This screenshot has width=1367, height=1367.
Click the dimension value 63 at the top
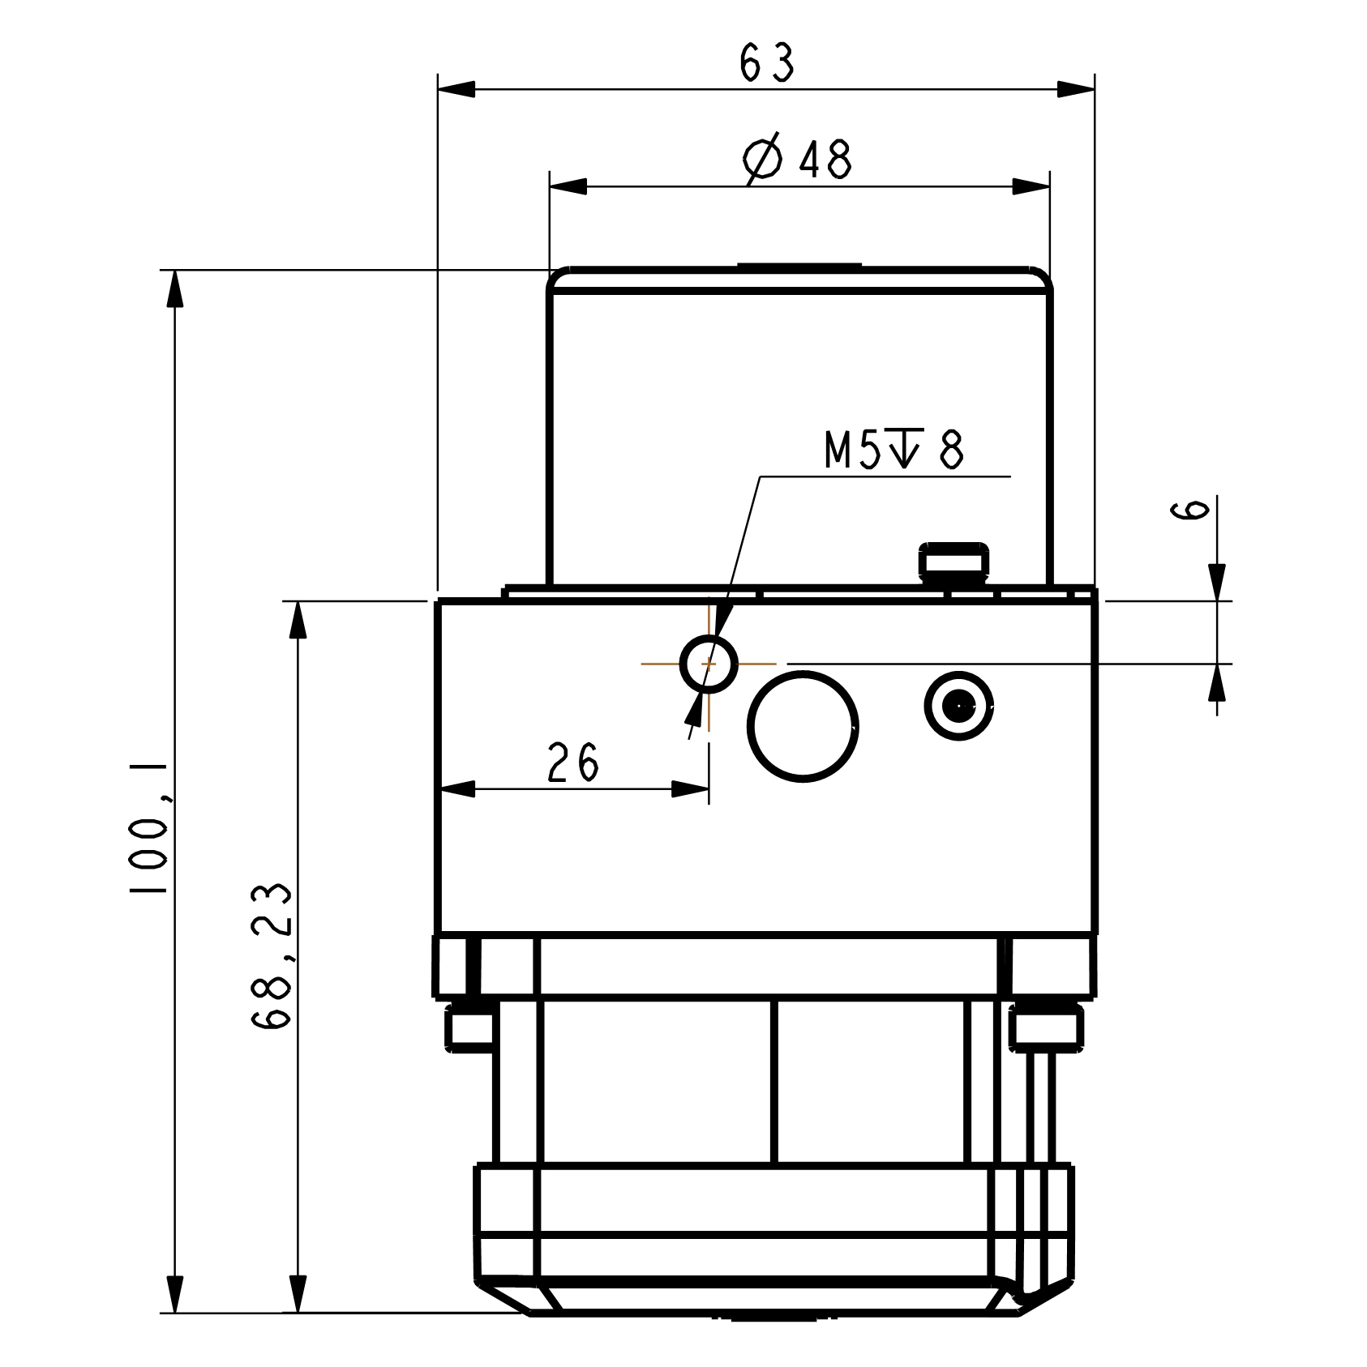(x=766, y=63)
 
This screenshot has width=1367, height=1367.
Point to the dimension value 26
(x=572, y=763)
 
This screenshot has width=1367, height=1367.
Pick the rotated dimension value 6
(x=1189, y=510)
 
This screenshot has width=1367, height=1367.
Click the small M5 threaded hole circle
(x=709, y=664)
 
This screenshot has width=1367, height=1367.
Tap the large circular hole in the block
(x=802, y=726)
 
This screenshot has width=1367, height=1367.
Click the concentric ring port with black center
(x=959, y=706)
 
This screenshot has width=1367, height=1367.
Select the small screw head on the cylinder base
(x=953, y=561)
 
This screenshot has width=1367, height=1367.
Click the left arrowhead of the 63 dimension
(x=456, y=89)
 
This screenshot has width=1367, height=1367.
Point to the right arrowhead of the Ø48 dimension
(x=1031, y=187)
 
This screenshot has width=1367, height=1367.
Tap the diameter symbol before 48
(x=762, y=159)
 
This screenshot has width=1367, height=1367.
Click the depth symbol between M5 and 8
(x=904, y=448)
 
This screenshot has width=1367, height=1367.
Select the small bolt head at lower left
(x=469, y=1027)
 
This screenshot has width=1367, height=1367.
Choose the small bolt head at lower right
(x=1046, y=1027)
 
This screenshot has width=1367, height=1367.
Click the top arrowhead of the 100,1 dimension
(x=174, y=288)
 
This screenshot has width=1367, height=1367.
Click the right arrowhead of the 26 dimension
(x=691, y=789)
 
